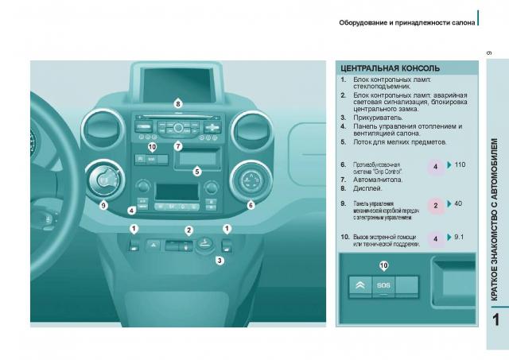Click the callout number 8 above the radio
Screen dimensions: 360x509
(x=177, y=103)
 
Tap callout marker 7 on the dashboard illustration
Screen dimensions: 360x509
(x=178, y=146)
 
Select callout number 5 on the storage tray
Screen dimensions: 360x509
(x=197, y=170)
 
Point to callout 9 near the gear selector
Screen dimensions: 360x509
(x=103, y=205)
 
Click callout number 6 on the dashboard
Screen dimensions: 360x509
(x=251, y=205)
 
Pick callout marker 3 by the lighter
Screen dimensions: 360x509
(x=220, y=260)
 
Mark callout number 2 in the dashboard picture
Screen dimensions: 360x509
(x=188, y=230)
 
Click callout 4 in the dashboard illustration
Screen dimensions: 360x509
(x=132, y=211)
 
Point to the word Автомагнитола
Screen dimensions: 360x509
(x=378, y=180)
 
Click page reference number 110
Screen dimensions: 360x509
(x=459, y=164)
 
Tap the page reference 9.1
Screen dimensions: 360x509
(x=459, y=237)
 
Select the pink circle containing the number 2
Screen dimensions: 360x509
(x=436, y=206)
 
